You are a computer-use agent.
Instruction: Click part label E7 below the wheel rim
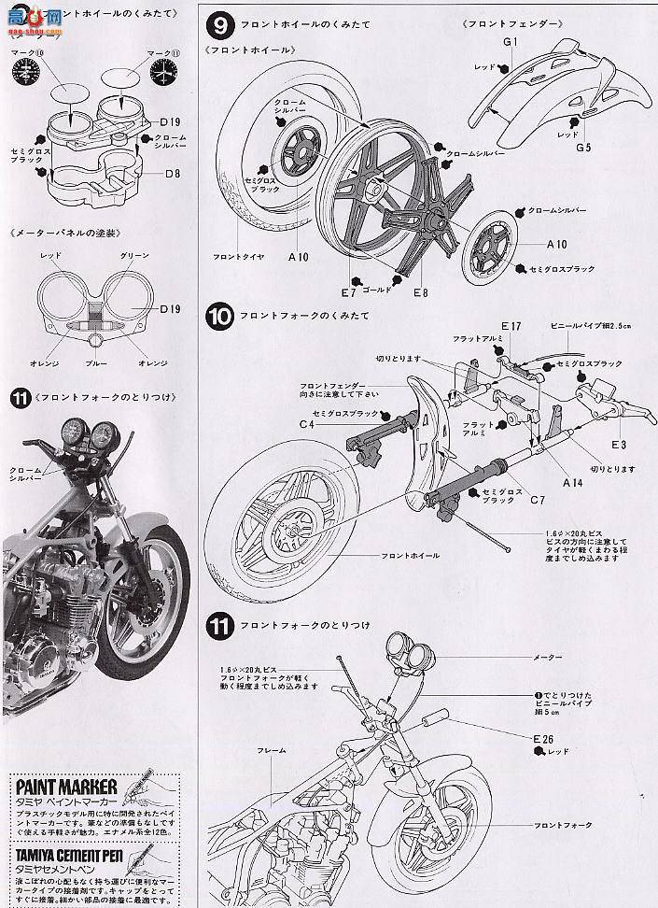350,291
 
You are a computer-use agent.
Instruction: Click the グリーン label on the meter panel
134,255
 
